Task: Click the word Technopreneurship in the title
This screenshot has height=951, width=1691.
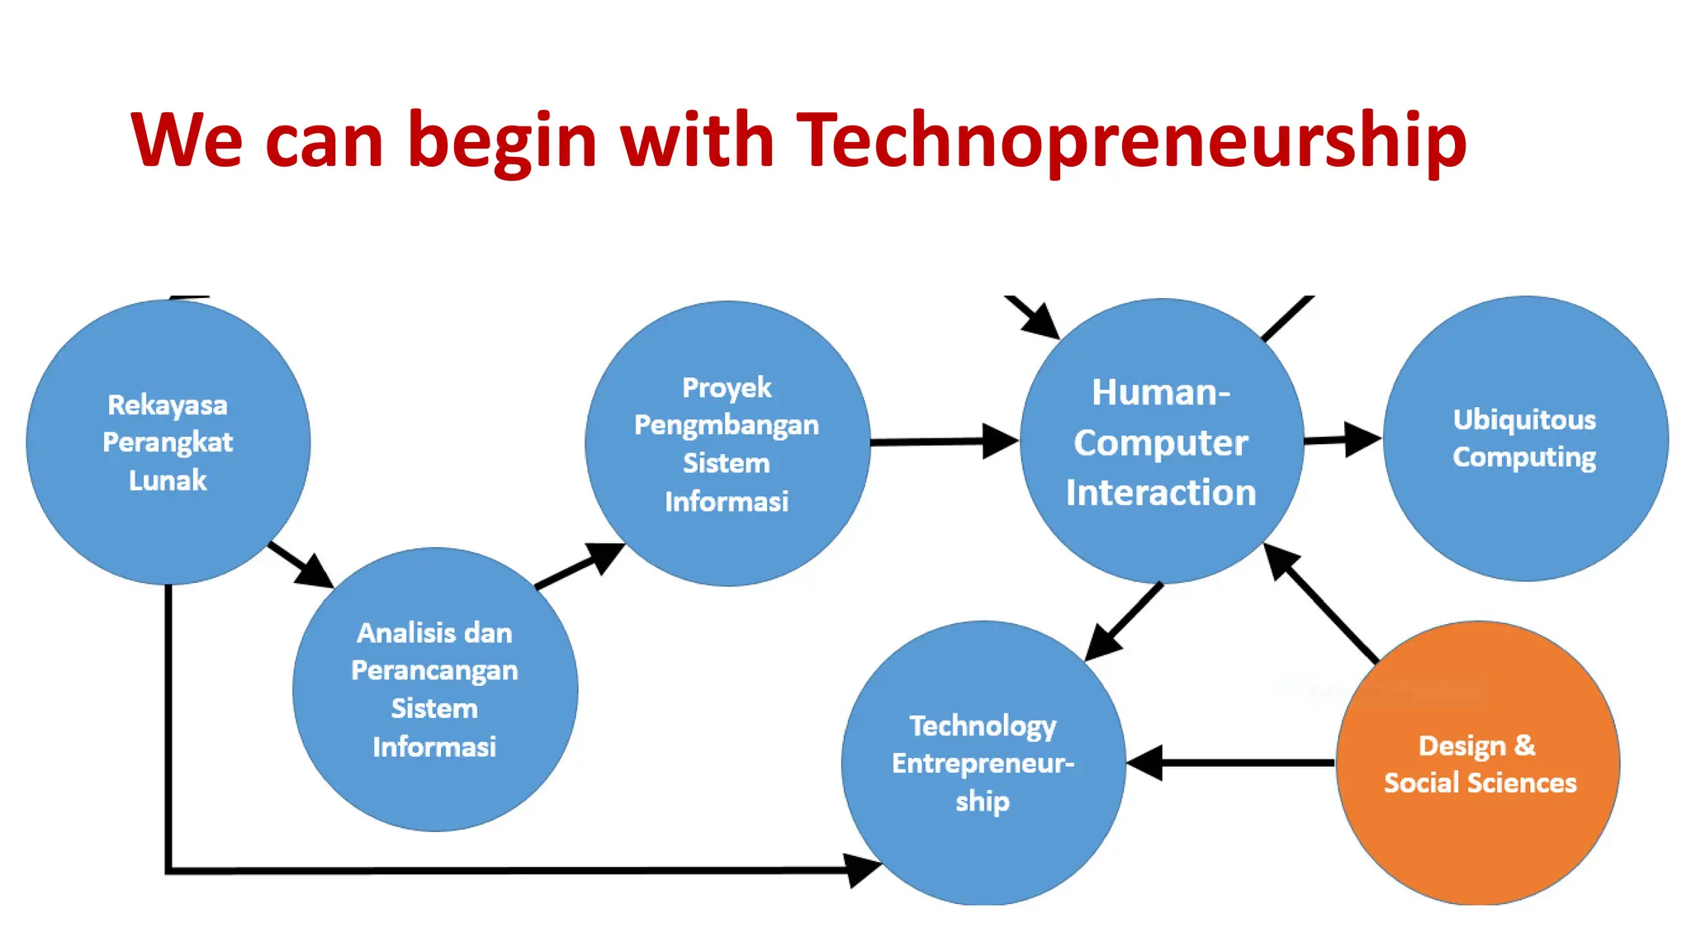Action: click(1130, 140)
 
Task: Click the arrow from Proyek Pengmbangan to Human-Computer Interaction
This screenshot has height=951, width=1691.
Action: click(941, 442)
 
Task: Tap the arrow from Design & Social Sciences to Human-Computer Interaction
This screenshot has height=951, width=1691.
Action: click(1321, 603)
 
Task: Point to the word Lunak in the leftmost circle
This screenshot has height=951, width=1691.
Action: click(168, 480)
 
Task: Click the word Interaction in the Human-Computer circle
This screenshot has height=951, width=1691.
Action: click(1161, 493)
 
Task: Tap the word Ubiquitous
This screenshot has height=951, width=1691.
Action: click(1524, 419)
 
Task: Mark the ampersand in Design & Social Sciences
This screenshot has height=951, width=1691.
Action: click(1524, 745)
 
